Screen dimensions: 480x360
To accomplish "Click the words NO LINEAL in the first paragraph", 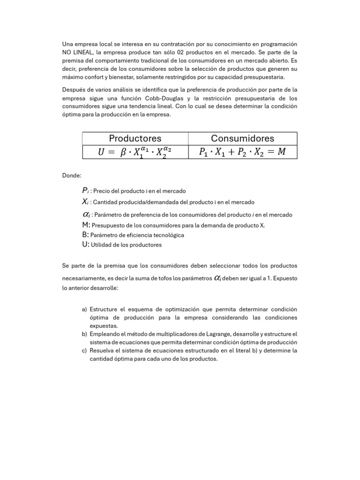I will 77,52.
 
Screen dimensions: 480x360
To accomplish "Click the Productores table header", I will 135,138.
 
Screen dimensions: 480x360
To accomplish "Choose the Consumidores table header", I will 242,138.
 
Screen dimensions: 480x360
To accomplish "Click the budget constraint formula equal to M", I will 242,152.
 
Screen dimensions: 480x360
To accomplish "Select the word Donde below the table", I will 72,175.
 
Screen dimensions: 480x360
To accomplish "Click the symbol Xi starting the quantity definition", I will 85,202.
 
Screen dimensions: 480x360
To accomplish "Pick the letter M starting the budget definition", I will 85,225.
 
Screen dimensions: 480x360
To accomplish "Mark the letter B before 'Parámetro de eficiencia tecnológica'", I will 84,235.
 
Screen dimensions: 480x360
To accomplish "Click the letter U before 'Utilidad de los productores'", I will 84,245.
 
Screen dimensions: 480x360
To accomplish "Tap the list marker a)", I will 84,310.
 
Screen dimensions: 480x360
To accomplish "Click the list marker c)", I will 84,351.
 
